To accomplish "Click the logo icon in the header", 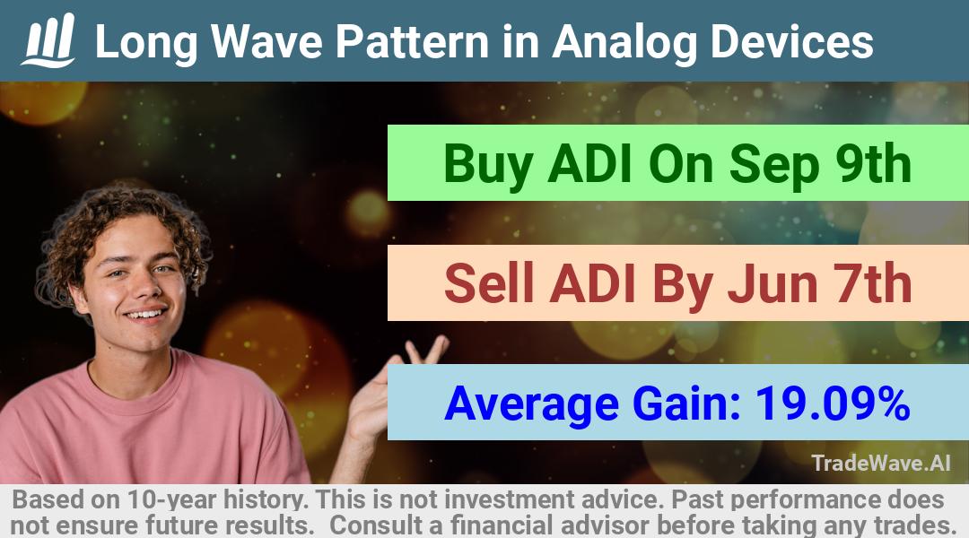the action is click(48, 40).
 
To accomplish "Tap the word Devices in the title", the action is click(792, 41).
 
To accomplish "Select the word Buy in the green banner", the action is click(488, 164).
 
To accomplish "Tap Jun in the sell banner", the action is click(773, 284).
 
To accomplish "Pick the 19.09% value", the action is click(833, 403).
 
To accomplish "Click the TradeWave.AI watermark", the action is click(881, 464).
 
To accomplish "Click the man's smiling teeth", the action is click(146, 314).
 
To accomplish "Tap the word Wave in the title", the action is click(266, 41).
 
